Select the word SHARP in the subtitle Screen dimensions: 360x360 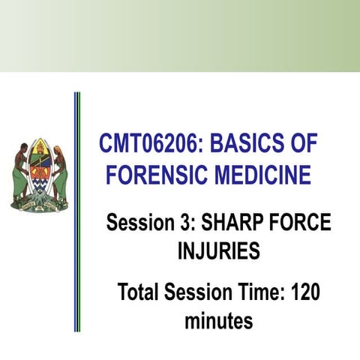click(228, 223)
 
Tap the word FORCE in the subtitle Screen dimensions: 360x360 click(298, 223)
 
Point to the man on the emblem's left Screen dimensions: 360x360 click(20, 172)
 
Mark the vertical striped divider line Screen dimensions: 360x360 click(77, 210)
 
